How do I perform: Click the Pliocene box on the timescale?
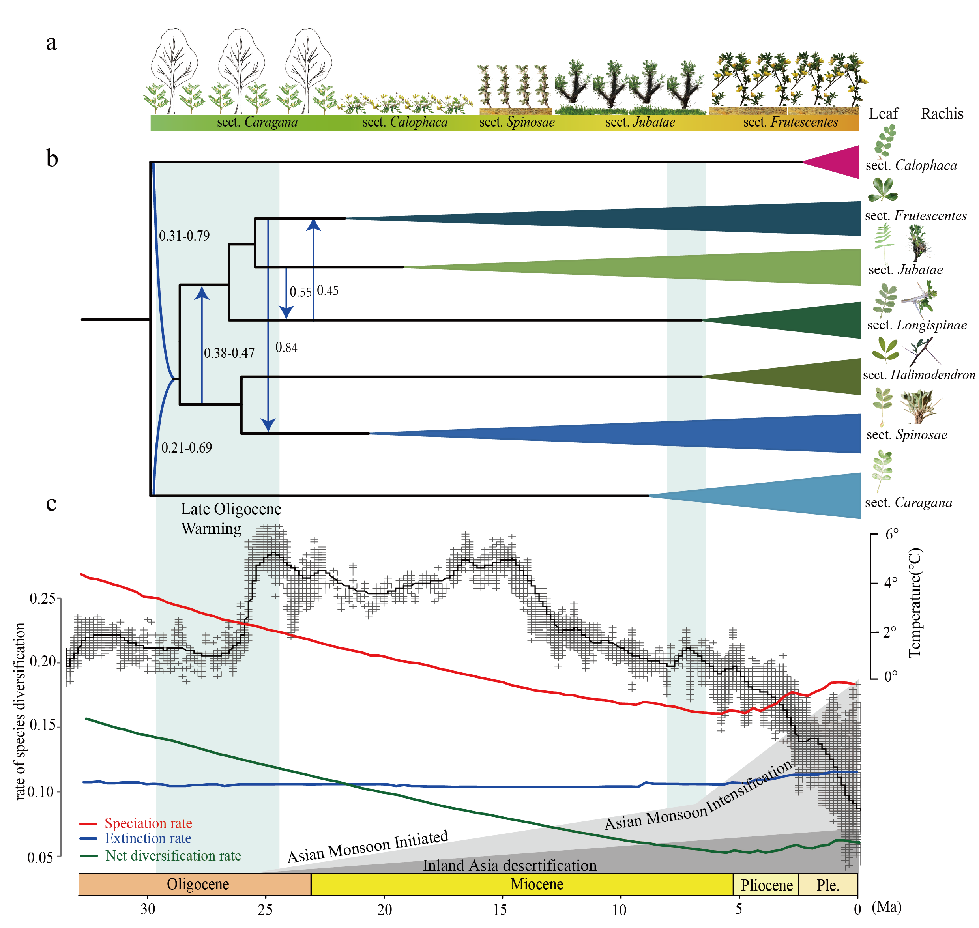click(x=766, y=885)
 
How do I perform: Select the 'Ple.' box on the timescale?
click(x=828, y=885)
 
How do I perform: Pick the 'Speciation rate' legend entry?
click(x=136, y=823)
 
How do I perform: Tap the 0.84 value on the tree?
click(x=286, y=347)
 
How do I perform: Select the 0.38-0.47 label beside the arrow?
click(x=229, y=353)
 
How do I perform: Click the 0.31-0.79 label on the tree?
click(x=184, y=236)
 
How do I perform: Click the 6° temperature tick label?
click(x=892, y=534)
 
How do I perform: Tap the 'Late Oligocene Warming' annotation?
click(x=231, y=518)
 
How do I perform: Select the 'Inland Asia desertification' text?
click(x=509, y=865)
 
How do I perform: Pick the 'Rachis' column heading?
click(x=942, y=114)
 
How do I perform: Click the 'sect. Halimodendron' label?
click(x=919, y=374)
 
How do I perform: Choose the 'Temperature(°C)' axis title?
click(x=915, y=602)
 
